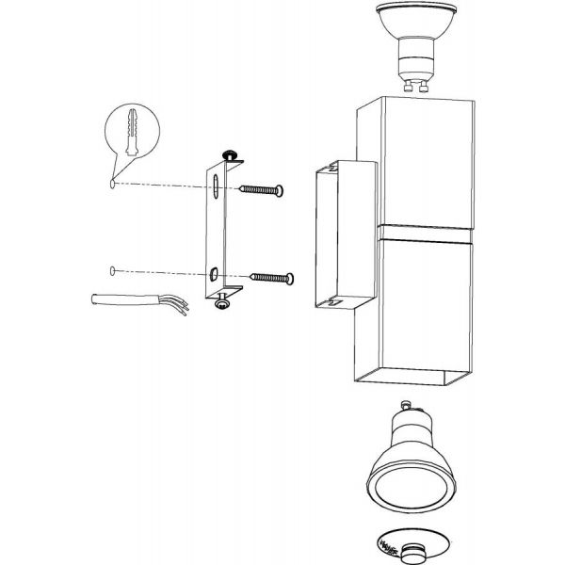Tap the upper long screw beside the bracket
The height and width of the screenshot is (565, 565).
click(265, 190)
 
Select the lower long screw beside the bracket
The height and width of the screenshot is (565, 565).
click(269, 278)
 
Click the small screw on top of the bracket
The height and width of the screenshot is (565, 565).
click(228, 154)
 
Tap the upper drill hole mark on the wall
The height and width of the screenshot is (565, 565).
click(112, 185)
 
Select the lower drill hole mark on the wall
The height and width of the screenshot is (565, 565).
click(113, 272)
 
